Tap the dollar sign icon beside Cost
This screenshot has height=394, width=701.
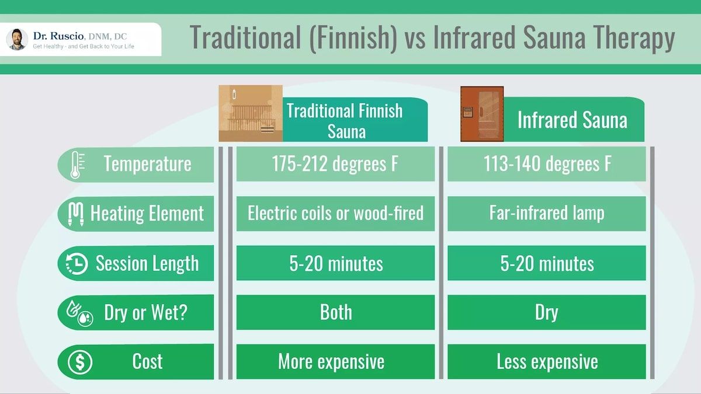click(x=80, y=362)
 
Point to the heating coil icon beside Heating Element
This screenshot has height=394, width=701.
click(x=76, y=214)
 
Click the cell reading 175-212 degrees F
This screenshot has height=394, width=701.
click(x=335, y=164)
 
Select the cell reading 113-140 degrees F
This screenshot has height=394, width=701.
click(x=547, y=164)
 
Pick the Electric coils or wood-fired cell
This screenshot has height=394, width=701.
click(x=335, y=214)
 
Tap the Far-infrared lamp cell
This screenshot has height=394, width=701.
click(x=547, y=214)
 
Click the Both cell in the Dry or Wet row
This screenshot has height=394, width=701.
click(x=335, y=312)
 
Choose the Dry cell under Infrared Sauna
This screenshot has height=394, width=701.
click(x=547, y=312)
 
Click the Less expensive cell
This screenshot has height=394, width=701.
click(x=547, y=362)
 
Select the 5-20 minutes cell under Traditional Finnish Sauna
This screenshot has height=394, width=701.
click(x=335, y=263)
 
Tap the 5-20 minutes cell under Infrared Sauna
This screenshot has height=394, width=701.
click(x=547, y=263)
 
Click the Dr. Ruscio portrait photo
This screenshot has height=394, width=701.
click(x=17, y=39)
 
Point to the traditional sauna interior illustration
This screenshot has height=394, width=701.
click(x=250, y=113)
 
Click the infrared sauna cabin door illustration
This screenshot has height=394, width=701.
click(x=481, y=114)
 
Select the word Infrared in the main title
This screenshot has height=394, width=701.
click(x=473, y=39)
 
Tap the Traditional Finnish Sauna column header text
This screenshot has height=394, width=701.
click(x=345, y=120)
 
